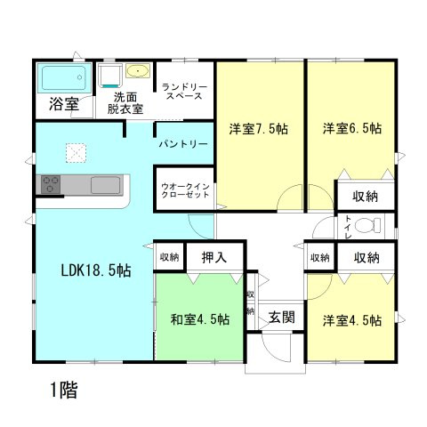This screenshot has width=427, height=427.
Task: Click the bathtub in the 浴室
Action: pos(62,79)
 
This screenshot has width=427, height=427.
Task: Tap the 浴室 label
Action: pos(62,103)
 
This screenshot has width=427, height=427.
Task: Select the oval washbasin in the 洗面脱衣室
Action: pos(139,72)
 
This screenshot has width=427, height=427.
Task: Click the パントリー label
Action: pos(183,143)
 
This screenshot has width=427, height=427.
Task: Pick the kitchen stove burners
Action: pos(50,185)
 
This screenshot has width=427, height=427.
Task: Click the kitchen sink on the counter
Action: pos(106,186)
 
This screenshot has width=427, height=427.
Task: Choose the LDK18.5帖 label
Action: pos(95,270)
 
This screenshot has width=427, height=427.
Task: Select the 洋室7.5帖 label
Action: pos(257,128)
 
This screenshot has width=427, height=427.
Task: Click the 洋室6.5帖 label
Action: pos(352,128)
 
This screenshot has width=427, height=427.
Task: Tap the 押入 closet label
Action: pos(213,258)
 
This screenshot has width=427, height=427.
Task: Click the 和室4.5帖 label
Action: pos(199,319)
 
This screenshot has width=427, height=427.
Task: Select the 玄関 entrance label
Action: pos(282,317)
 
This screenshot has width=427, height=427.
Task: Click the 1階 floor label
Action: pos(62,389)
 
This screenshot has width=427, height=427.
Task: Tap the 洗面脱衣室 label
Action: pos(126,103)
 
